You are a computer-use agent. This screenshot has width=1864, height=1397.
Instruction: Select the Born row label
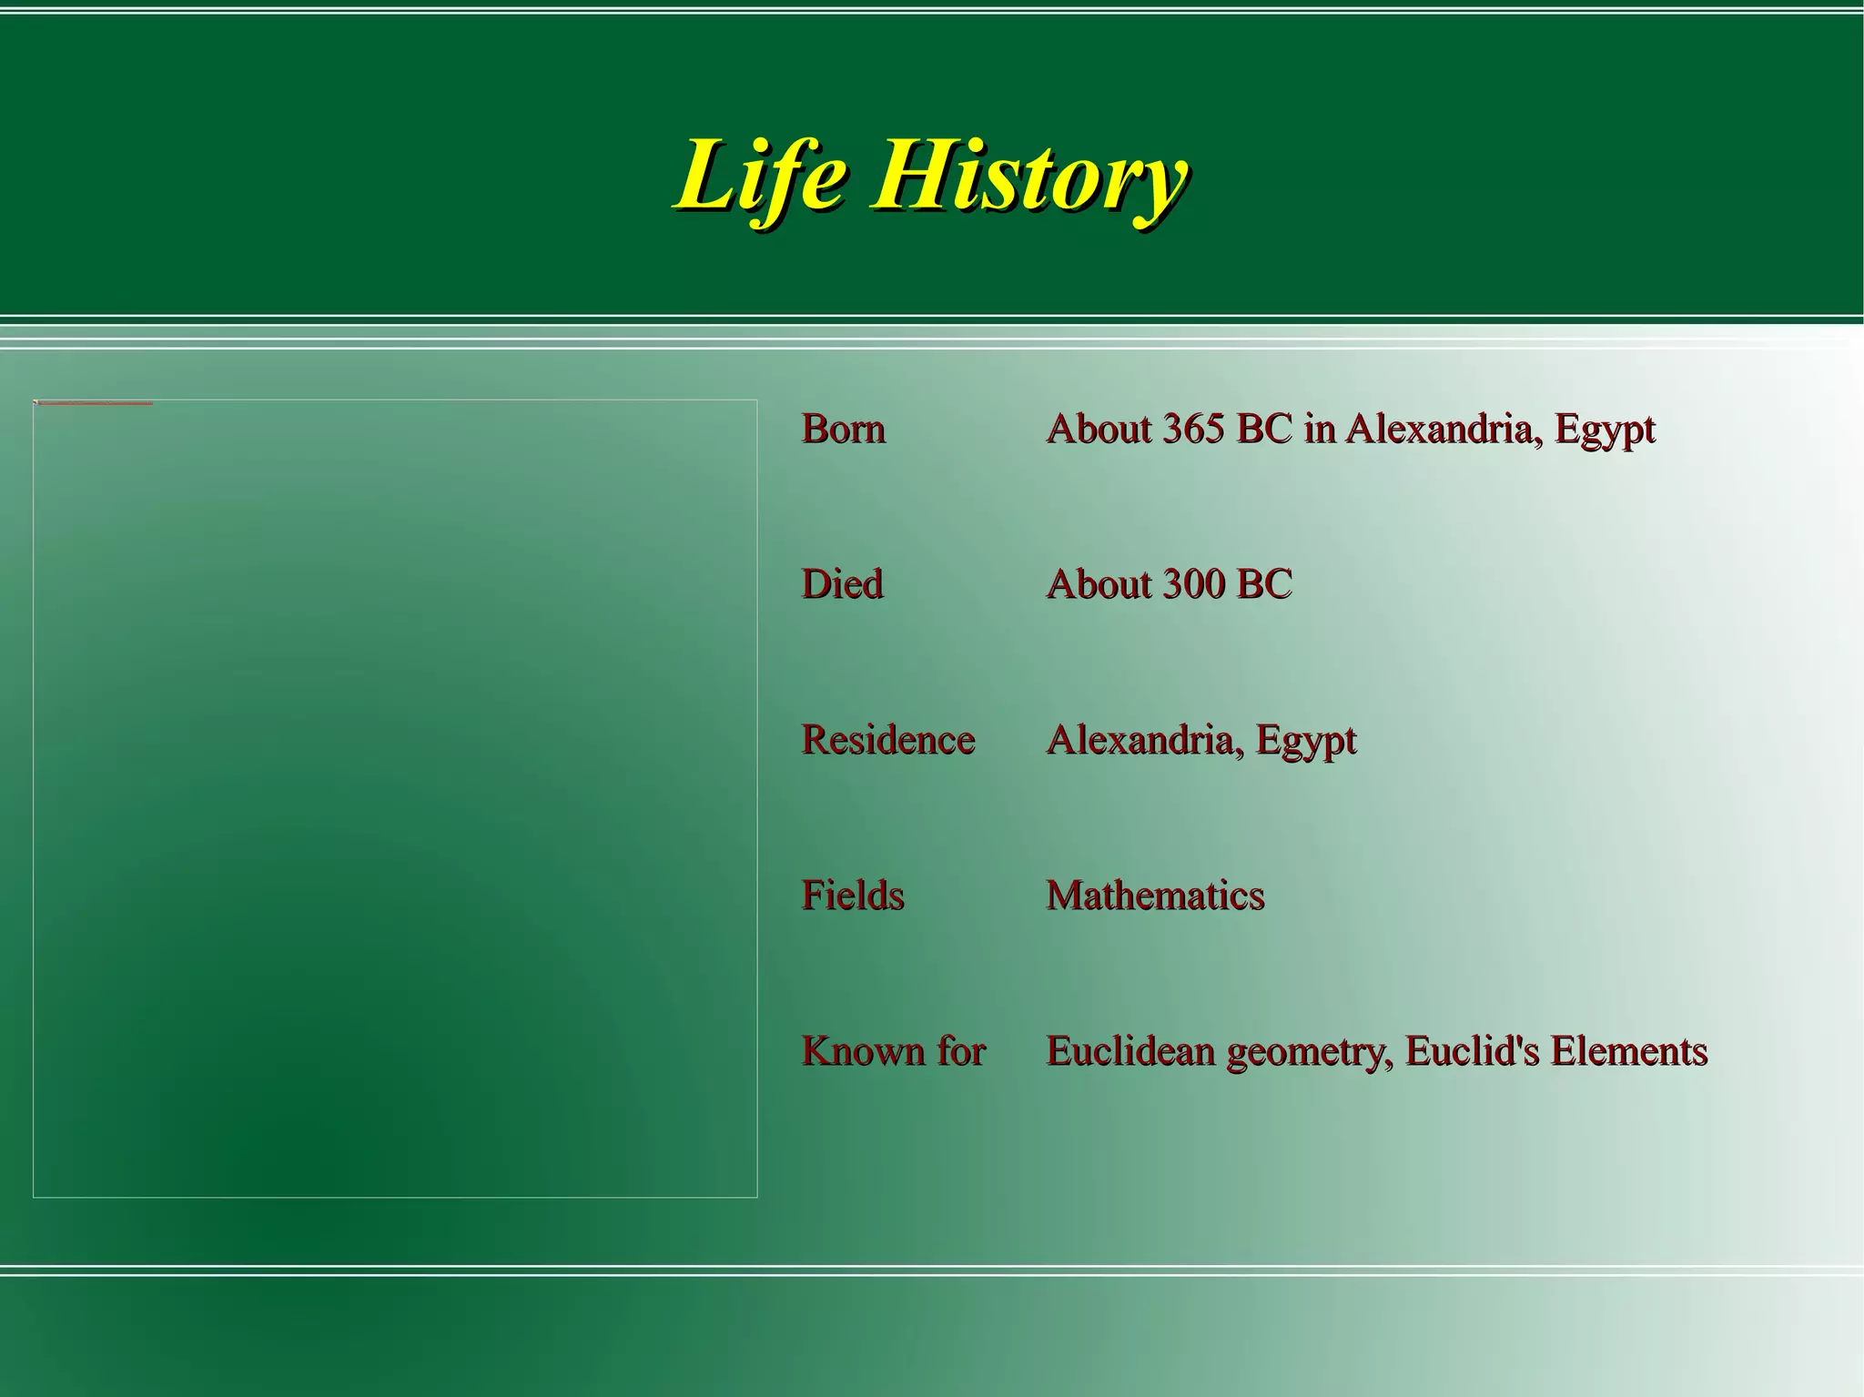(843, 429)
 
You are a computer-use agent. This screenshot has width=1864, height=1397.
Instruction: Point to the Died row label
(842, 584)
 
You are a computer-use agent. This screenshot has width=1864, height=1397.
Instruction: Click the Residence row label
(887, 740)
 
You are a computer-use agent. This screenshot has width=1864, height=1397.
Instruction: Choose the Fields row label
(853, 896)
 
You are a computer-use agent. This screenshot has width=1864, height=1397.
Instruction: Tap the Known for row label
(893, 1051)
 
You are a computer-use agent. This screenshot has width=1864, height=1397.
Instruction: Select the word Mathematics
(1155, 896)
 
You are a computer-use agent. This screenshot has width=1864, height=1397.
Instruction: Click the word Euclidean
(1131, 1051)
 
